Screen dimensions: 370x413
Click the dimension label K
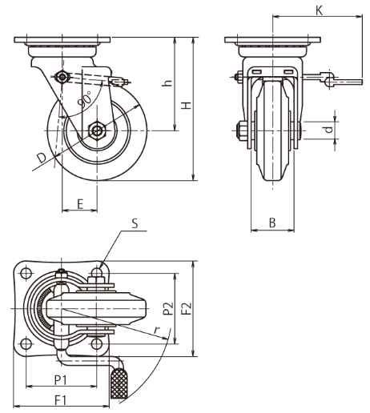coord(319,10)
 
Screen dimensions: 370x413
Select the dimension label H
coord(187,105)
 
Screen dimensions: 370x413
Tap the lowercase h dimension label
coord(167,82)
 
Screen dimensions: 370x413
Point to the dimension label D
coord(42,158)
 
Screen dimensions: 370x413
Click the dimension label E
coord(80,204)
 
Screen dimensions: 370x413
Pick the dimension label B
coord(272,223)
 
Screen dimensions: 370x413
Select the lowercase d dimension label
coord(329,130)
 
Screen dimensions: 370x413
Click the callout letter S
coord(135,223)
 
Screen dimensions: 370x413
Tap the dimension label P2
coord(168,309)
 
